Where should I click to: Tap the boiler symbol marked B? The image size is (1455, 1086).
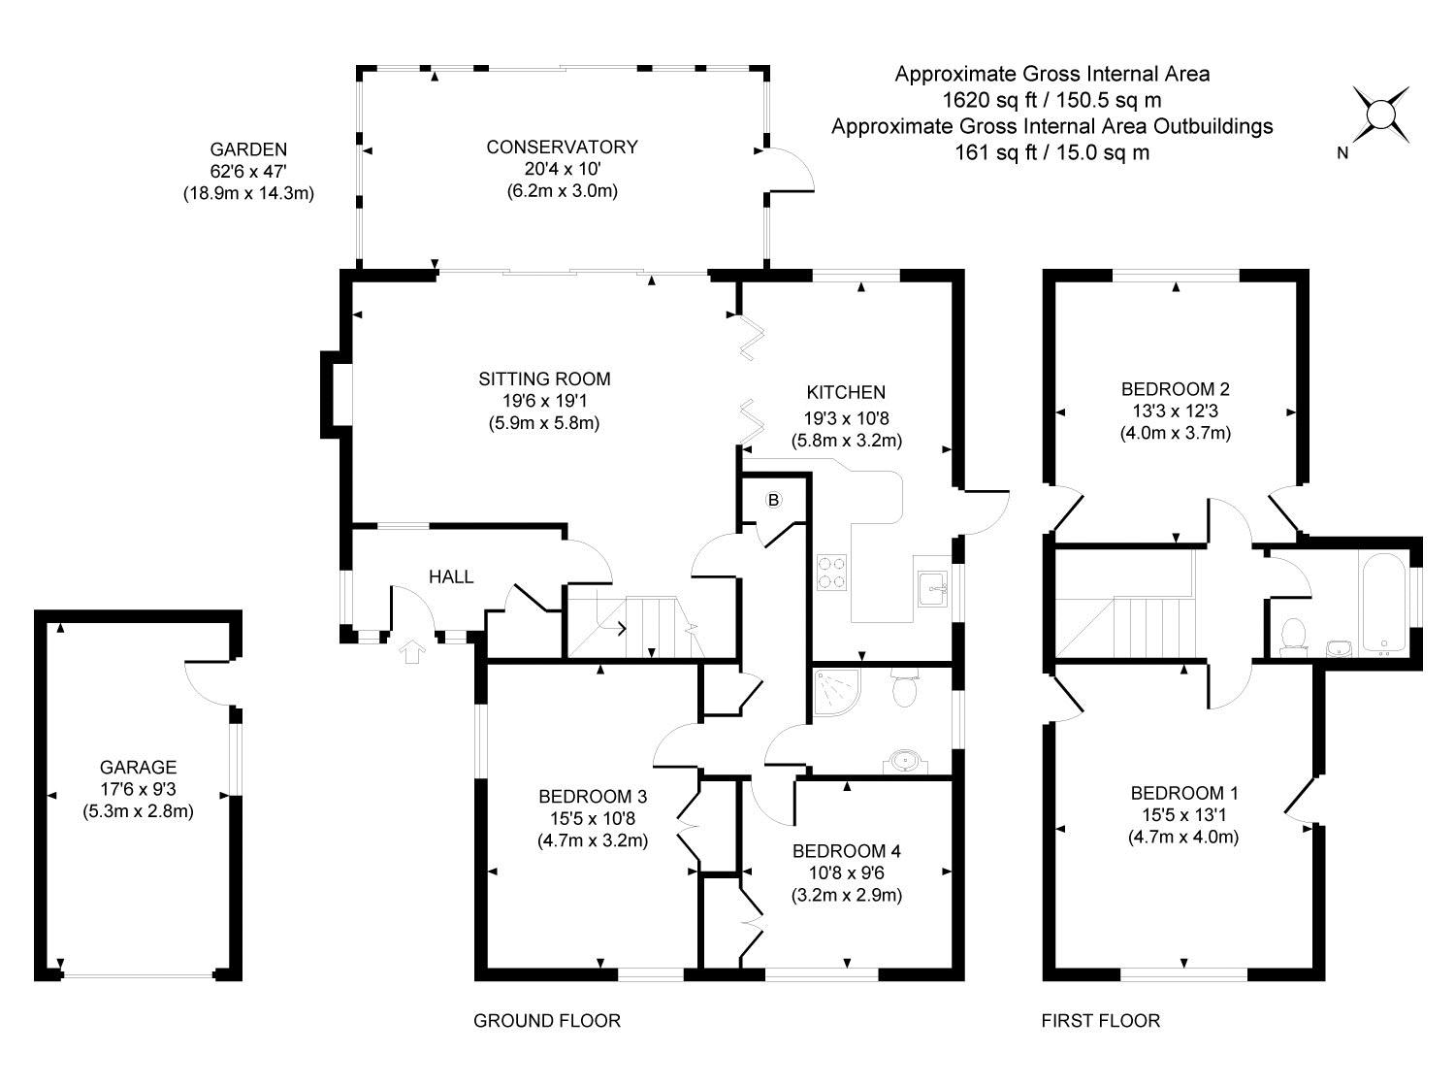774,501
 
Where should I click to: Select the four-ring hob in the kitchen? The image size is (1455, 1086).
831,572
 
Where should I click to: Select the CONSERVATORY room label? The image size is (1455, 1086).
562,148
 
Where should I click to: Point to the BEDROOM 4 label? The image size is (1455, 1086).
846,852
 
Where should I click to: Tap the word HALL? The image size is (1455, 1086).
451,577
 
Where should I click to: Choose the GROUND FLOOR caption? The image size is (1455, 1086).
546,1021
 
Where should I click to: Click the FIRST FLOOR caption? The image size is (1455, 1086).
1100,1021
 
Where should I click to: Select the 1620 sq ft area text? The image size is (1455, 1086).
1051,99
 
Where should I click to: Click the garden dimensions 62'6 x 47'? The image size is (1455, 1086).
248,172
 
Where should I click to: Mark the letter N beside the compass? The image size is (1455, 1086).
1342,152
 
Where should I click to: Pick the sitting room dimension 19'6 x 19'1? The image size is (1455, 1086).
544,400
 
